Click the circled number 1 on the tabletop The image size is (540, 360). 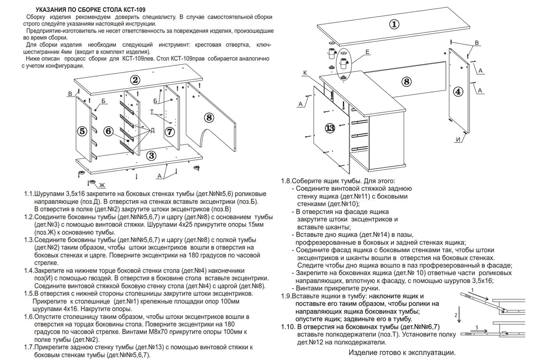pos(394,25)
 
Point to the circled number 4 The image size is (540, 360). pos(458,92)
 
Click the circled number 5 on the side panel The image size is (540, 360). pos(81,131)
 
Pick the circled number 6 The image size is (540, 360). pos(108,131)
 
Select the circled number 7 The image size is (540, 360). pos(169,132)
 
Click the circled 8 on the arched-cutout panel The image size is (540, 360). pos(208,118)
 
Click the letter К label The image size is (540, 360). pos(305,72)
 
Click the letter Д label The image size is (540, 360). pos(153,130)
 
